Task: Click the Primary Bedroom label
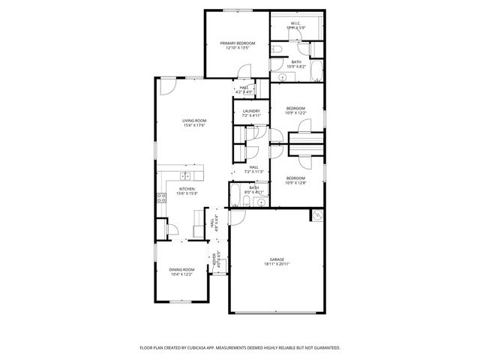[x=237, y=43]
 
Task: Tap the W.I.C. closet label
[x=295, y=23]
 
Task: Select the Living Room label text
[x=193, y=120]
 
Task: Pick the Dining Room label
[x=181, y=269]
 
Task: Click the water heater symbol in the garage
[x=317, y=215]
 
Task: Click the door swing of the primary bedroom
[x=244, y=71]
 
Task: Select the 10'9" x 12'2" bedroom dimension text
[x=295, y=113]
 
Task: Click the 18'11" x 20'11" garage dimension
[x=277, y=264]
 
